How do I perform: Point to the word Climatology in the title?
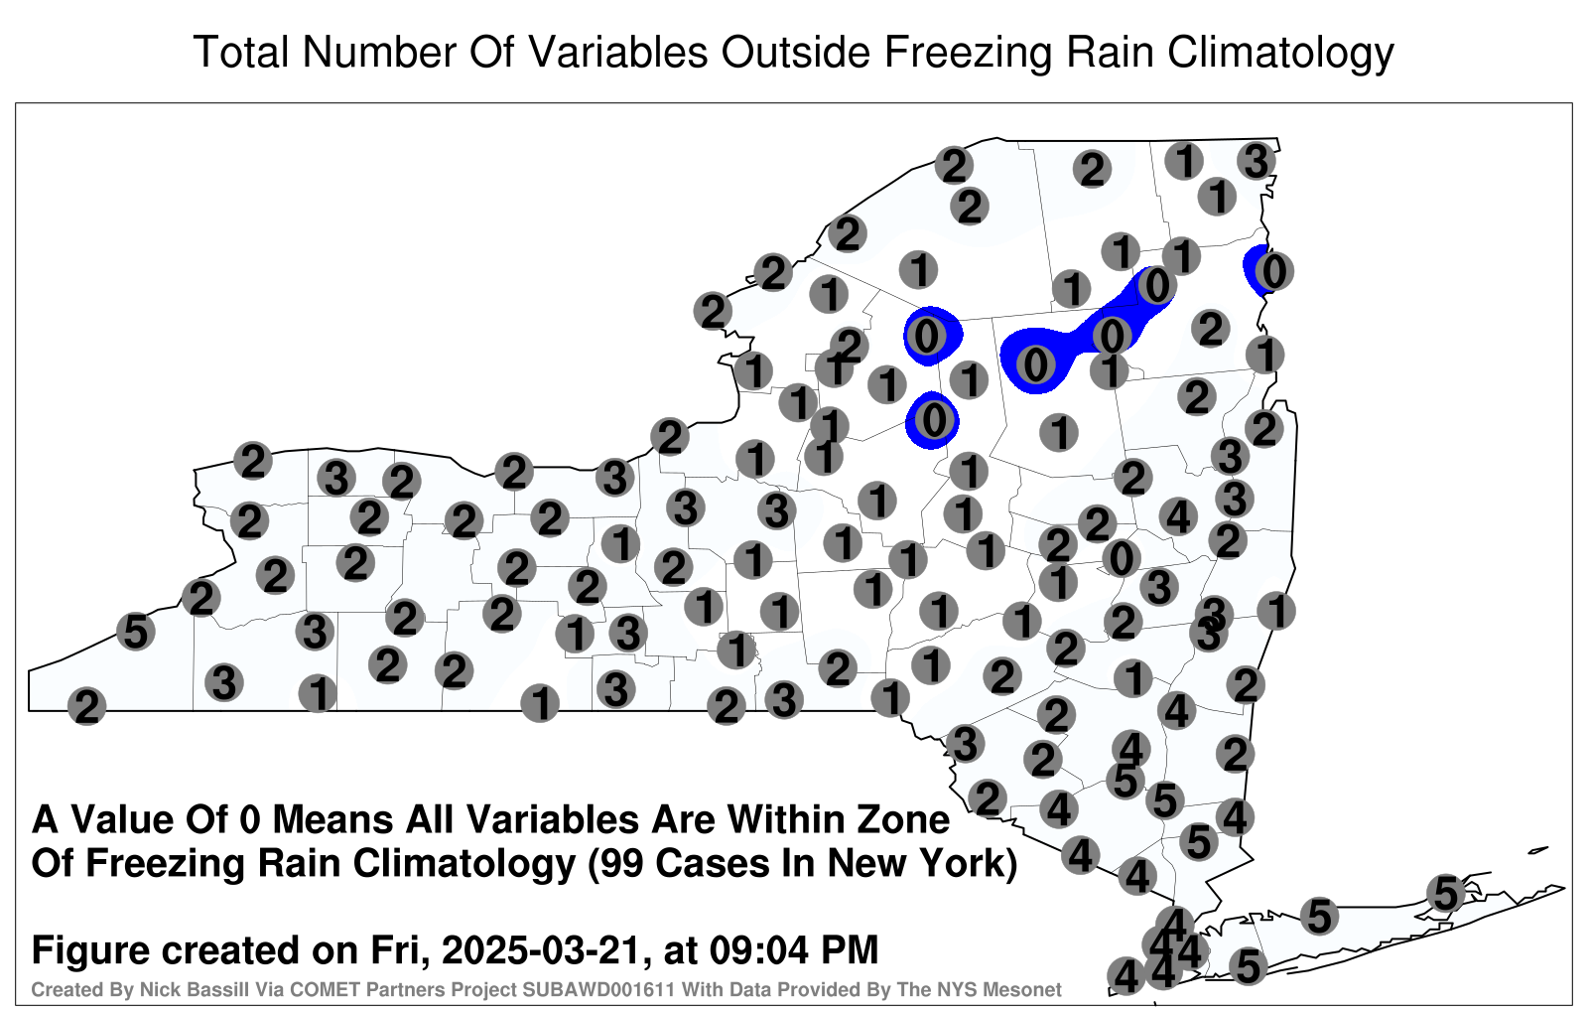[1281, 54]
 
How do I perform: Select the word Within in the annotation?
[784, 820]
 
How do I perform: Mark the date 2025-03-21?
[542, 950]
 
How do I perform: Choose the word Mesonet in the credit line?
[1025, 989]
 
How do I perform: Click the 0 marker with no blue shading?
[1121, 558]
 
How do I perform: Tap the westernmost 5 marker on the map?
[135, 631]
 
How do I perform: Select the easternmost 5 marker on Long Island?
[1445, 893]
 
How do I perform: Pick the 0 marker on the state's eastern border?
[1273, 271]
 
